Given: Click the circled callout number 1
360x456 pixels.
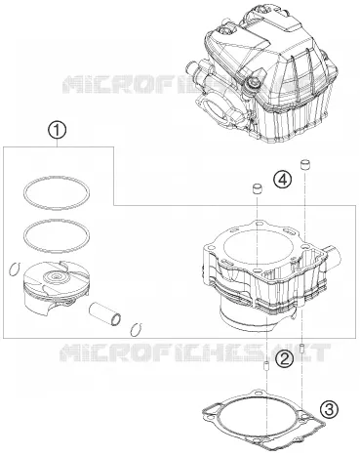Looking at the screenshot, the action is click(58, 130).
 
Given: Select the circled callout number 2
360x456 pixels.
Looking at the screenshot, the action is click(285, 359).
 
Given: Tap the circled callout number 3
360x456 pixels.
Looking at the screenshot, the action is click(329, 409).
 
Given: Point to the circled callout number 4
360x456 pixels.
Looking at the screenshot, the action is click(282, 180).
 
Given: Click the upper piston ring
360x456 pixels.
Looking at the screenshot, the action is click(57, 178).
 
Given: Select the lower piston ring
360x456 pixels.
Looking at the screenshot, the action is click(57, 220).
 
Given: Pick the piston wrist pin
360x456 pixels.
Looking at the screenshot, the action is click(105, 313).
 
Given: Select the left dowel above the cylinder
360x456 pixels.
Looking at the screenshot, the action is click(258, 189).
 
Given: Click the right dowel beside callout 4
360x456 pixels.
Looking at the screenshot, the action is click(305, 164).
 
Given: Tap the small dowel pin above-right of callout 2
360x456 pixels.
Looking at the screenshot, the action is click(301, 349).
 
